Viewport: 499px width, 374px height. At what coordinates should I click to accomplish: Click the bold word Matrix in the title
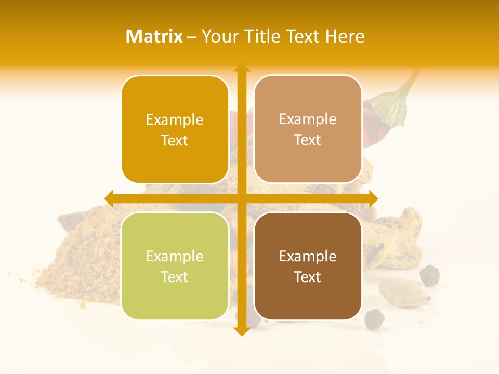pyautogui.click(x=154, y=36)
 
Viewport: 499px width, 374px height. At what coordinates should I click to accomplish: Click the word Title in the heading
pyautogui.click(x=259, y=36)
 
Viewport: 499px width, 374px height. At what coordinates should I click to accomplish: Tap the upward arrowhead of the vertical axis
pyautogui.click(x=242, y=68)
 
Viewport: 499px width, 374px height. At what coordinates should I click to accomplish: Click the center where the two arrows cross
pyautogui.click(x=242, y=198)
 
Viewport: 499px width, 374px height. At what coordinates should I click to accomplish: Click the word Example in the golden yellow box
pyautogui.click(x=175, y=120)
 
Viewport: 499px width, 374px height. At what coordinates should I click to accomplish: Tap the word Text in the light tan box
pyautogui.click(x=308, y=140)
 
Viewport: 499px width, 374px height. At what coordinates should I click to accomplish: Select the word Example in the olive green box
pyautogui.click(x=175, y=257)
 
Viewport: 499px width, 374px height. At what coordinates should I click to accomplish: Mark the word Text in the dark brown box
pyautogui.click(x=308, y=277)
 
